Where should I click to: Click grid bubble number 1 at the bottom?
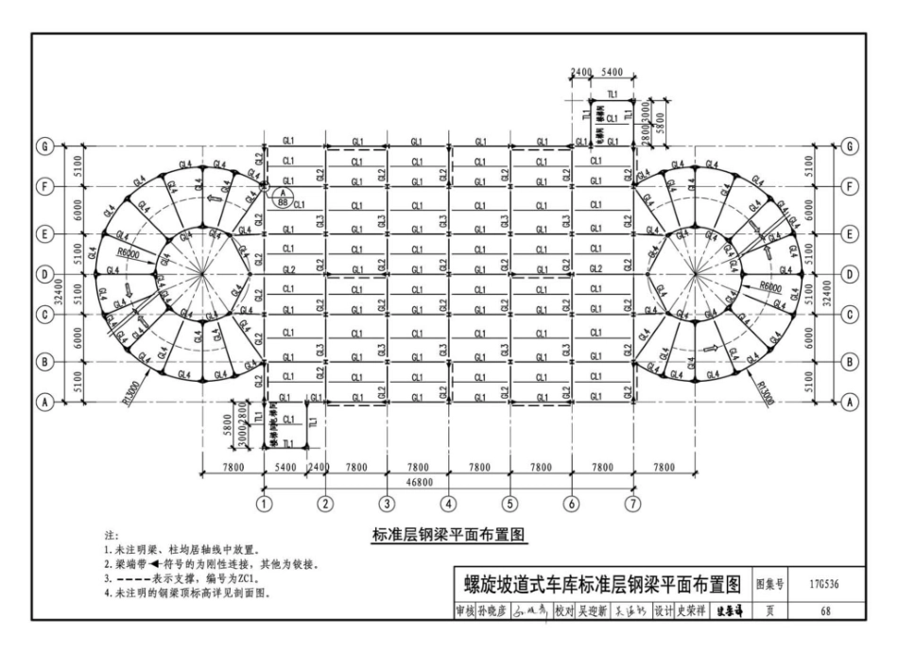266,504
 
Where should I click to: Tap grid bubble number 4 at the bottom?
449,504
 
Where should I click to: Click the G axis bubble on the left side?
43,146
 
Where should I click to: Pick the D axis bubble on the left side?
43,274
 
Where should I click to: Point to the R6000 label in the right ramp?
776,284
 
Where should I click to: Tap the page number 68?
824,610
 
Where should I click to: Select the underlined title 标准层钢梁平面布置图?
449,536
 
